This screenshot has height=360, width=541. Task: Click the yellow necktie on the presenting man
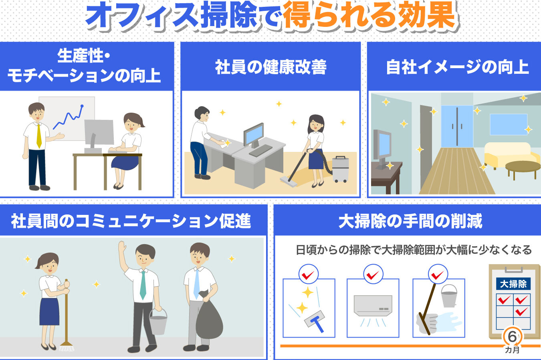coord(39,136)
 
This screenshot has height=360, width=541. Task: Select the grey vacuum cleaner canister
coord(340,169)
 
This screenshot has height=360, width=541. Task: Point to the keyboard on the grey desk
coord(260,150)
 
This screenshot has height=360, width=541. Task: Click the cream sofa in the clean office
coord(510,155)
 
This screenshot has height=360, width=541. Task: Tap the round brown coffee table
coord(523,169)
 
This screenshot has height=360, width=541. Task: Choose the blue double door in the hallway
coord(457,126)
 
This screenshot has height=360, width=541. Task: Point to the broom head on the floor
coord(67,346)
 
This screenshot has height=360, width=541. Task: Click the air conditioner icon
coord(373,305)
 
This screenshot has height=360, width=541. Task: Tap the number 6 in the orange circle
coord(512,337)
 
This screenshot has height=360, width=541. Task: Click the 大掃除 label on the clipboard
coord(513,284)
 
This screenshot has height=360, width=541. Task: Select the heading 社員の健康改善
coord(271,67)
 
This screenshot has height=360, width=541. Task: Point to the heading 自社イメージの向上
coord(457,67)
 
